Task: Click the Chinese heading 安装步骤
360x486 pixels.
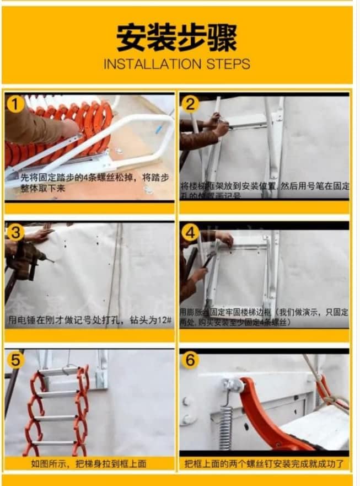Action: tap(176, 38)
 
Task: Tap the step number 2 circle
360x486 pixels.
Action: tap(190, 104)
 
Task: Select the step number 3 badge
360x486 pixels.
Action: tap(15, 233)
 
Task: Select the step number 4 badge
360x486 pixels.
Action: tap(190, 233)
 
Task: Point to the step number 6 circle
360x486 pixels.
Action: tap(190, 361)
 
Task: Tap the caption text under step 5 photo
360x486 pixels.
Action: tap(88, 464)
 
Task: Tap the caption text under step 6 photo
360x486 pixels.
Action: tap(264, 464)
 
